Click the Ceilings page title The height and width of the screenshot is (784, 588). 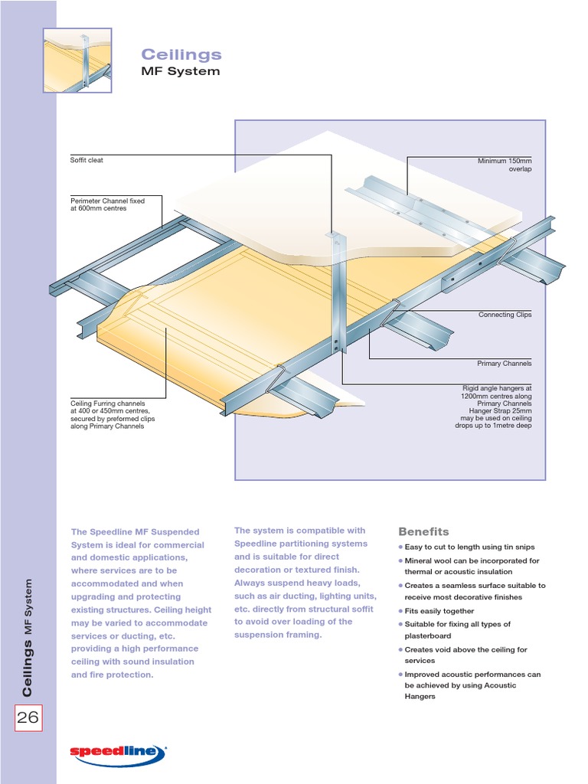[x=181, y=54]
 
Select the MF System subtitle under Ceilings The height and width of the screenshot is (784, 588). [x=181, y=71]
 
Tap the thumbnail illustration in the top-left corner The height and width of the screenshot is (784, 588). [x=77, y=60]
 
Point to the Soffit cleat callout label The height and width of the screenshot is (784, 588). [x=87, y=160]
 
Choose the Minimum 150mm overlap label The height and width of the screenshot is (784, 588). [x=505, y=165]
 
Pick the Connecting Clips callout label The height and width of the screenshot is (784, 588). [x=505, y=315]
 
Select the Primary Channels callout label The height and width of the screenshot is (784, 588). [x=505, y=364]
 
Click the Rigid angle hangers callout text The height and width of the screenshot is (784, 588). [x=493, y=407]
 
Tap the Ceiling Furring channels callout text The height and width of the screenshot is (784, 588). [x=108, y=414]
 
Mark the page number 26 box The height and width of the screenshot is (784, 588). [x=28, y=718]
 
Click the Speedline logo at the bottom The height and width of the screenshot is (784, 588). [x=118, y=753]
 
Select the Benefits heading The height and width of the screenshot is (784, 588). [x=423, y=531]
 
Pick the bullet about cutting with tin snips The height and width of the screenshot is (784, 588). [x=469, y=547]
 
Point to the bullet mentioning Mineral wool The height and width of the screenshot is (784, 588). [x=471, y=567]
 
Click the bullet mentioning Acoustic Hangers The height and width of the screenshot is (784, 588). [x=472, y=685]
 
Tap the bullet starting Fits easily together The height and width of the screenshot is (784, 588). [x=439, y=611]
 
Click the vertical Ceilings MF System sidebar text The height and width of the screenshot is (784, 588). [x=28, y=638]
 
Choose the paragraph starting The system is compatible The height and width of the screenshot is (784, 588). [x=305, y=583]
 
